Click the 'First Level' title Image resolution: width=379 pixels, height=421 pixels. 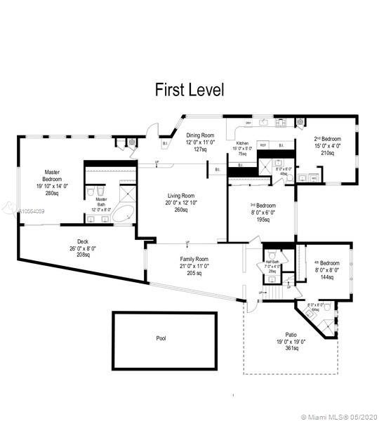(x=189, y=90)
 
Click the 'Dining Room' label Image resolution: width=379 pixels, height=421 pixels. (x=200, y=135)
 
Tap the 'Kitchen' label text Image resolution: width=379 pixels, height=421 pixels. (x=242, y=143)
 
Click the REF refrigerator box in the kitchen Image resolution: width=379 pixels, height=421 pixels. (x=263, y=145)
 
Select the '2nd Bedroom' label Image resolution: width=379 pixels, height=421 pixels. (x=328, y=139)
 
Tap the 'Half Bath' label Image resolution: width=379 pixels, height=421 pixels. (x=273, y=262)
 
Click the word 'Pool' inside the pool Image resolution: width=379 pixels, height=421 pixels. (x=161, y=338)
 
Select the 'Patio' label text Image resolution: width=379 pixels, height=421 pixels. (x=291, y=335)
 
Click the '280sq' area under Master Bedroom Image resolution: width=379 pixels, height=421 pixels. (x=53, y=193)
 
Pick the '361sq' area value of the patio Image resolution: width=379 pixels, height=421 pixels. (x=291, y=349)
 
